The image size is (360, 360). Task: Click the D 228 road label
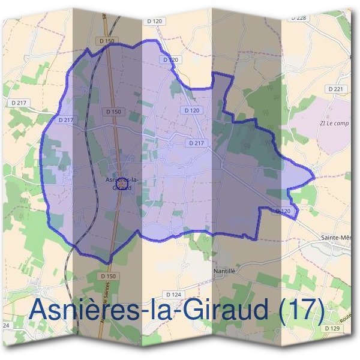(298, 17)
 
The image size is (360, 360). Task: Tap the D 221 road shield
(337, 89)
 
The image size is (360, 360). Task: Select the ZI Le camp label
(334, 124)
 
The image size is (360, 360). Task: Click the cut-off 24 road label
(5, 325)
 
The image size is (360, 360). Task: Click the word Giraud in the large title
(224, 310)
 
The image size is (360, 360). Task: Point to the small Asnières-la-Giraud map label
(122, 183)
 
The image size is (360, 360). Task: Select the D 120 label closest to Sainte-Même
(286, 211)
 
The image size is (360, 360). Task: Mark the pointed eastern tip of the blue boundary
(314, 178)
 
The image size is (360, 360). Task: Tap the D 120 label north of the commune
(154, 21)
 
